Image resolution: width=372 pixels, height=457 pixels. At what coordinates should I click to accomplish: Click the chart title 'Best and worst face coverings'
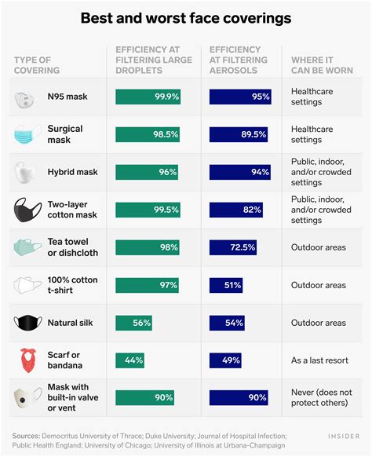185,16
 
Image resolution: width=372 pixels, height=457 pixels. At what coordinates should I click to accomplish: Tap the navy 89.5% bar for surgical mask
240,134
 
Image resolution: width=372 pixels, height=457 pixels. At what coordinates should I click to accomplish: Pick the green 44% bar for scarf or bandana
129,360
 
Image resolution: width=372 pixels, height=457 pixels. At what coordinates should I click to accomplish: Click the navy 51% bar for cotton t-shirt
226,285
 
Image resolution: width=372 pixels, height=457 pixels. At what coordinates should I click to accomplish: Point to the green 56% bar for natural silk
134,323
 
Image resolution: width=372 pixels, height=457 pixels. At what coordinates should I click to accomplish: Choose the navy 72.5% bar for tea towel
234,247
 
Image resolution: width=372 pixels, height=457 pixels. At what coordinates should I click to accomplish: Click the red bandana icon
27,361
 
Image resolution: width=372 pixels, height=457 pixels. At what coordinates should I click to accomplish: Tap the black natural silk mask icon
27,323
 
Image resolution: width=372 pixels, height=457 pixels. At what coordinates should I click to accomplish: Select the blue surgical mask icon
27,134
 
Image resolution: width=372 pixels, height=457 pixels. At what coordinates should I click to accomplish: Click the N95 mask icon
27,97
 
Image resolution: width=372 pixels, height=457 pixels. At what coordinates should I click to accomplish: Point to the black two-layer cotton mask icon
27,210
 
